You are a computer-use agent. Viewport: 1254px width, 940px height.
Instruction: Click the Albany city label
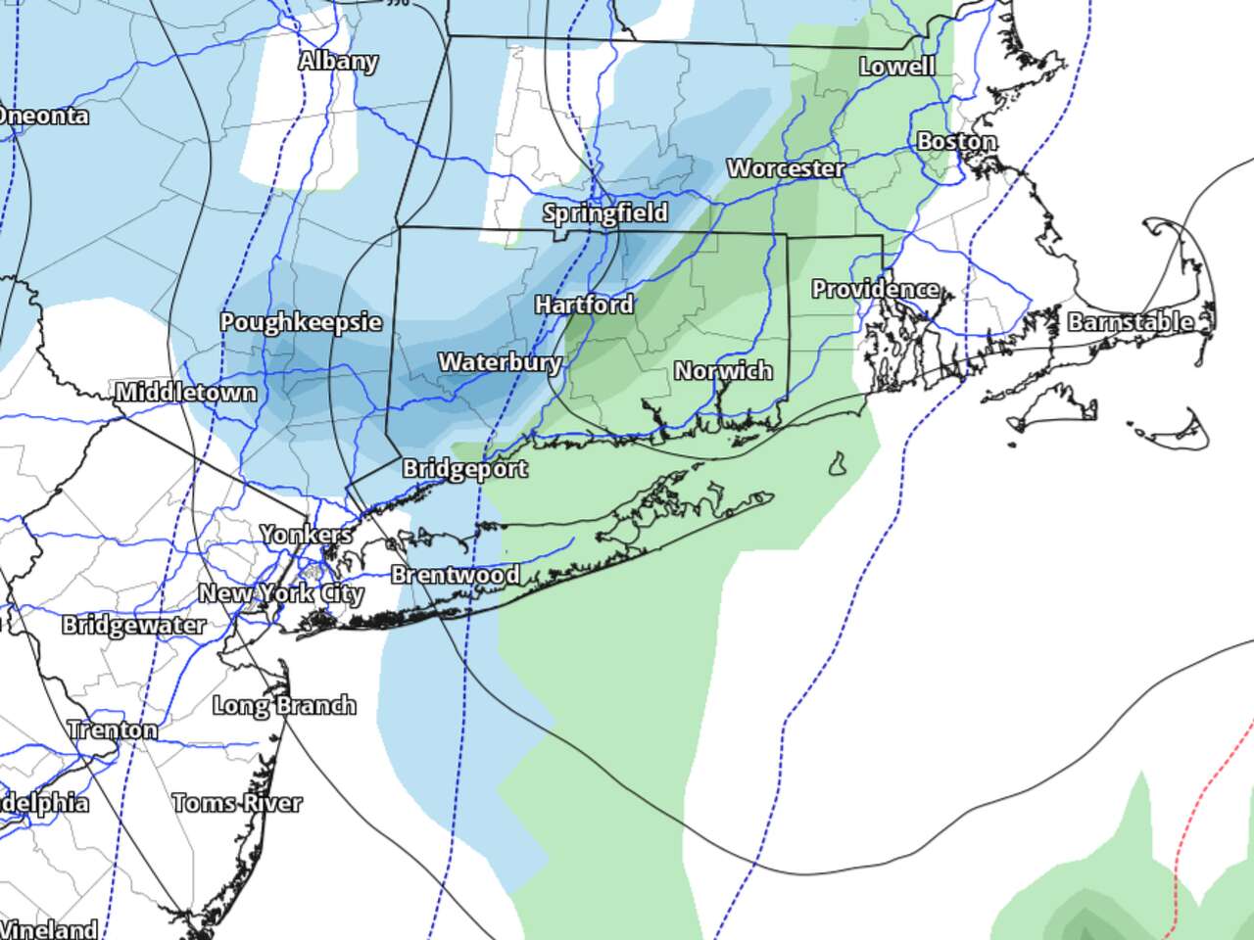pyautogui.click(x=338, y=61)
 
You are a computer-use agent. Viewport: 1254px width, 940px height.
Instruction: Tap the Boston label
pyautogui.click(x=956, y=141)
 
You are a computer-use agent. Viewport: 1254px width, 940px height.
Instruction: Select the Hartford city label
pyautogui.click(x=584, y=305)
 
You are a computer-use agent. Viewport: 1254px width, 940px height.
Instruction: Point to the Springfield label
pyautogui.click(x=605, y=212)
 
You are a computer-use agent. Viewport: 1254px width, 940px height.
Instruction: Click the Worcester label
pyautogui.click(x=785, y=168)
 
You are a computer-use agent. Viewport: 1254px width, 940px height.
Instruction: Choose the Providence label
pyautogui.click(x=875, y=289)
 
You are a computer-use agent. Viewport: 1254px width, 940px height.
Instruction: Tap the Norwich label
pyautogui.click(x=723, y=370)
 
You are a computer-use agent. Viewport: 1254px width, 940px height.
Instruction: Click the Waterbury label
pyautogui.click(x=500, y=362)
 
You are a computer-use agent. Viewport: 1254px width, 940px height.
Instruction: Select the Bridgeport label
pyautogui.click(x=465, y=469)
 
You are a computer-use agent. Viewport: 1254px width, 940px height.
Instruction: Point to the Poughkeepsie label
pyautogui.click(x=301, y=322)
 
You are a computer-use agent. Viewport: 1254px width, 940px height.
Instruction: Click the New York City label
pyautogui.click(x=281, y=593)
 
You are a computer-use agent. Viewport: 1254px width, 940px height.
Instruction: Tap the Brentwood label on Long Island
pyautogui.click(x=456, y=575)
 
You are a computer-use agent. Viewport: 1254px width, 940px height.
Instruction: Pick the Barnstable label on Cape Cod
pyautogui.click(x=1131, y=321)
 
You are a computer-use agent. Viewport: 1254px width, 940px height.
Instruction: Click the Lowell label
pyautogui.click(x=896, y=66)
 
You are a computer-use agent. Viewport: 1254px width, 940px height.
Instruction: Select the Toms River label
pyautogui.click(x=237, y=803)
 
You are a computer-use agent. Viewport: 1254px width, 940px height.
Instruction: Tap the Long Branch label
pyautogui.click(x=284, y=705)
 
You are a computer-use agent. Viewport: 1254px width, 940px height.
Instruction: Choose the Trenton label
pyautogui.click(x=113, y=729)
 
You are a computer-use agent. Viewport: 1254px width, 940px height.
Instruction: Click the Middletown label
pyautogui.click(x=186, y=393)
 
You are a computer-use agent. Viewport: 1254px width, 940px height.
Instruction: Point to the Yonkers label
pyautogui.click(x=307, y=535)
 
